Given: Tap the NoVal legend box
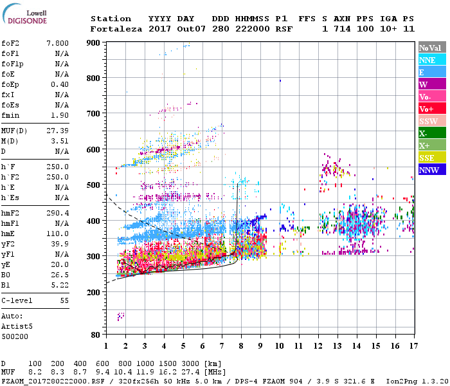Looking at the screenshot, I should coord(431,48).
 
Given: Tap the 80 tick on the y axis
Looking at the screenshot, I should coord(96,335).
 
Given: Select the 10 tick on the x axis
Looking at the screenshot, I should coord(280,345).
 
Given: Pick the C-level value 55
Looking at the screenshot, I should coord(64,300).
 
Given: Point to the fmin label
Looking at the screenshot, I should coord(10,115).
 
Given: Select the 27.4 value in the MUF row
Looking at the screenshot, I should coord(192,372).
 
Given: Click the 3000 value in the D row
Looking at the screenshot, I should coord(192,363).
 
